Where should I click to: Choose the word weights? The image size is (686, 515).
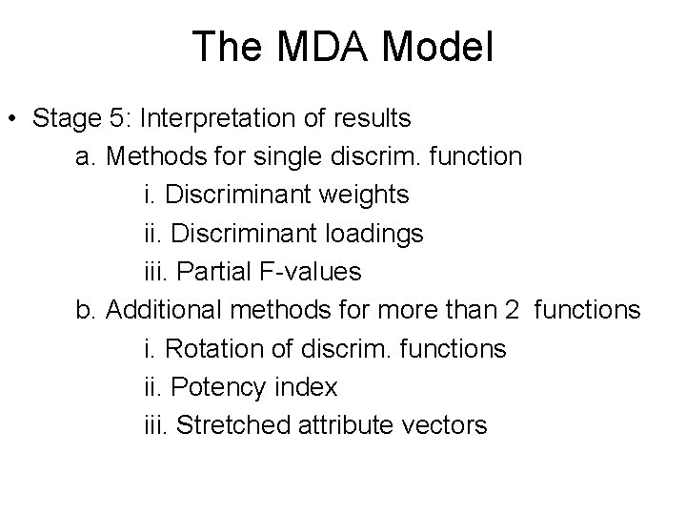pos(365,195)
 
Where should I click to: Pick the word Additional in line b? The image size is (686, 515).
pos(163,310)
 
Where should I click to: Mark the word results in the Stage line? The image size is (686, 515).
pos(368,119)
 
